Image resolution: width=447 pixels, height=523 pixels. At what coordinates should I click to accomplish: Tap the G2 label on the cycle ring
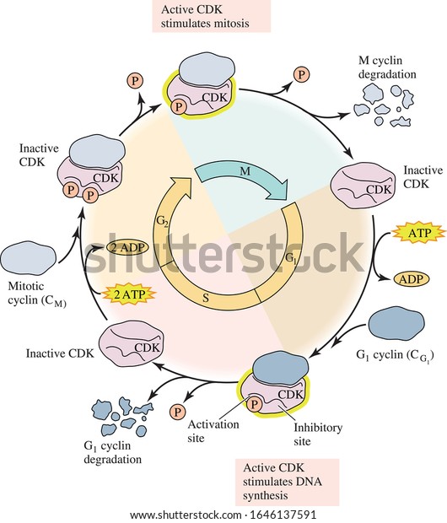coord(162,221)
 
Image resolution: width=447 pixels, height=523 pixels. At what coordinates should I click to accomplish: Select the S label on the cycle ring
coord(206,298)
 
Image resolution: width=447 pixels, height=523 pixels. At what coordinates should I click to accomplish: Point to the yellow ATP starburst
coord(419,233)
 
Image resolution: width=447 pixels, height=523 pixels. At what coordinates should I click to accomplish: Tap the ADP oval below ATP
coord(411,279)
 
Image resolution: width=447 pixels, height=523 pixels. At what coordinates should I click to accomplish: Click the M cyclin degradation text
coord(387,67)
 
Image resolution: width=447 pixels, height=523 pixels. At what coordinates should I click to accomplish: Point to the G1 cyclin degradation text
coord(112,453)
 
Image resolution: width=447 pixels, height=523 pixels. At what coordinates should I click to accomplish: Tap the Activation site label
coord(213,431)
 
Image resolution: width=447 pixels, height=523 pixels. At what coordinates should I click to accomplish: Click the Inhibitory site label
coord(318,434)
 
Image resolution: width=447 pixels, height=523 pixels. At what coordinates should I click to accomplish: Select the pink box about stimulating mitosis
coord(212,16)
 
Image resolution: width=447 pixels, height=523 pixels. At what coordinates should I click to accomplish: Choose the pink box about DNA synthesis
coord(288,482)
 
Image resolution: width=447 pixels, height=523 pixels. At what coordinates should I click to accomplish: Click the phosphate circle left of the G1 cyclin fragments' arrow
coord(177,412)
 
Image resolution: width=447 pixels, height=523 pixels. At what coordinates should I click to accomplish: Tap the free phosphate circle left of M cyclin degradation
coord(301,74)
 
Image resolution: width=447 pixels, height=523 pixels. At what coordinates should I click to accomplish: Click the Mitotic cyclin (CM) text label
coord(37,294)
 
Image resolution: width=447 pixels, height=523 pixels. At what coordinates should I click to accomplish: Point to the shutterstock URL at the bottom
coord(223,515)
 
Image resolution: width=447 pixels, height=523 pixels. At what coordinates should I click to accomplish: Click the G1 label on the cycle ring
coord(291,259)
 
